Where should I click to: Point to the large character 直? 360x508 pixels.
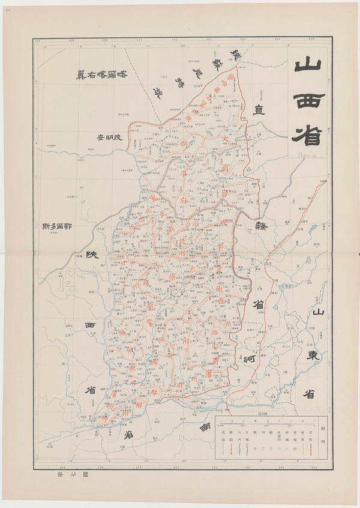259,109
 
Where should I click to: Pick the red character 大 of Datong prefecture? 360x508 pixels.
224,138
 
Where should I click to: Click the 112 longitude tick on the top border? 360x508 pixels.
174,41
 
